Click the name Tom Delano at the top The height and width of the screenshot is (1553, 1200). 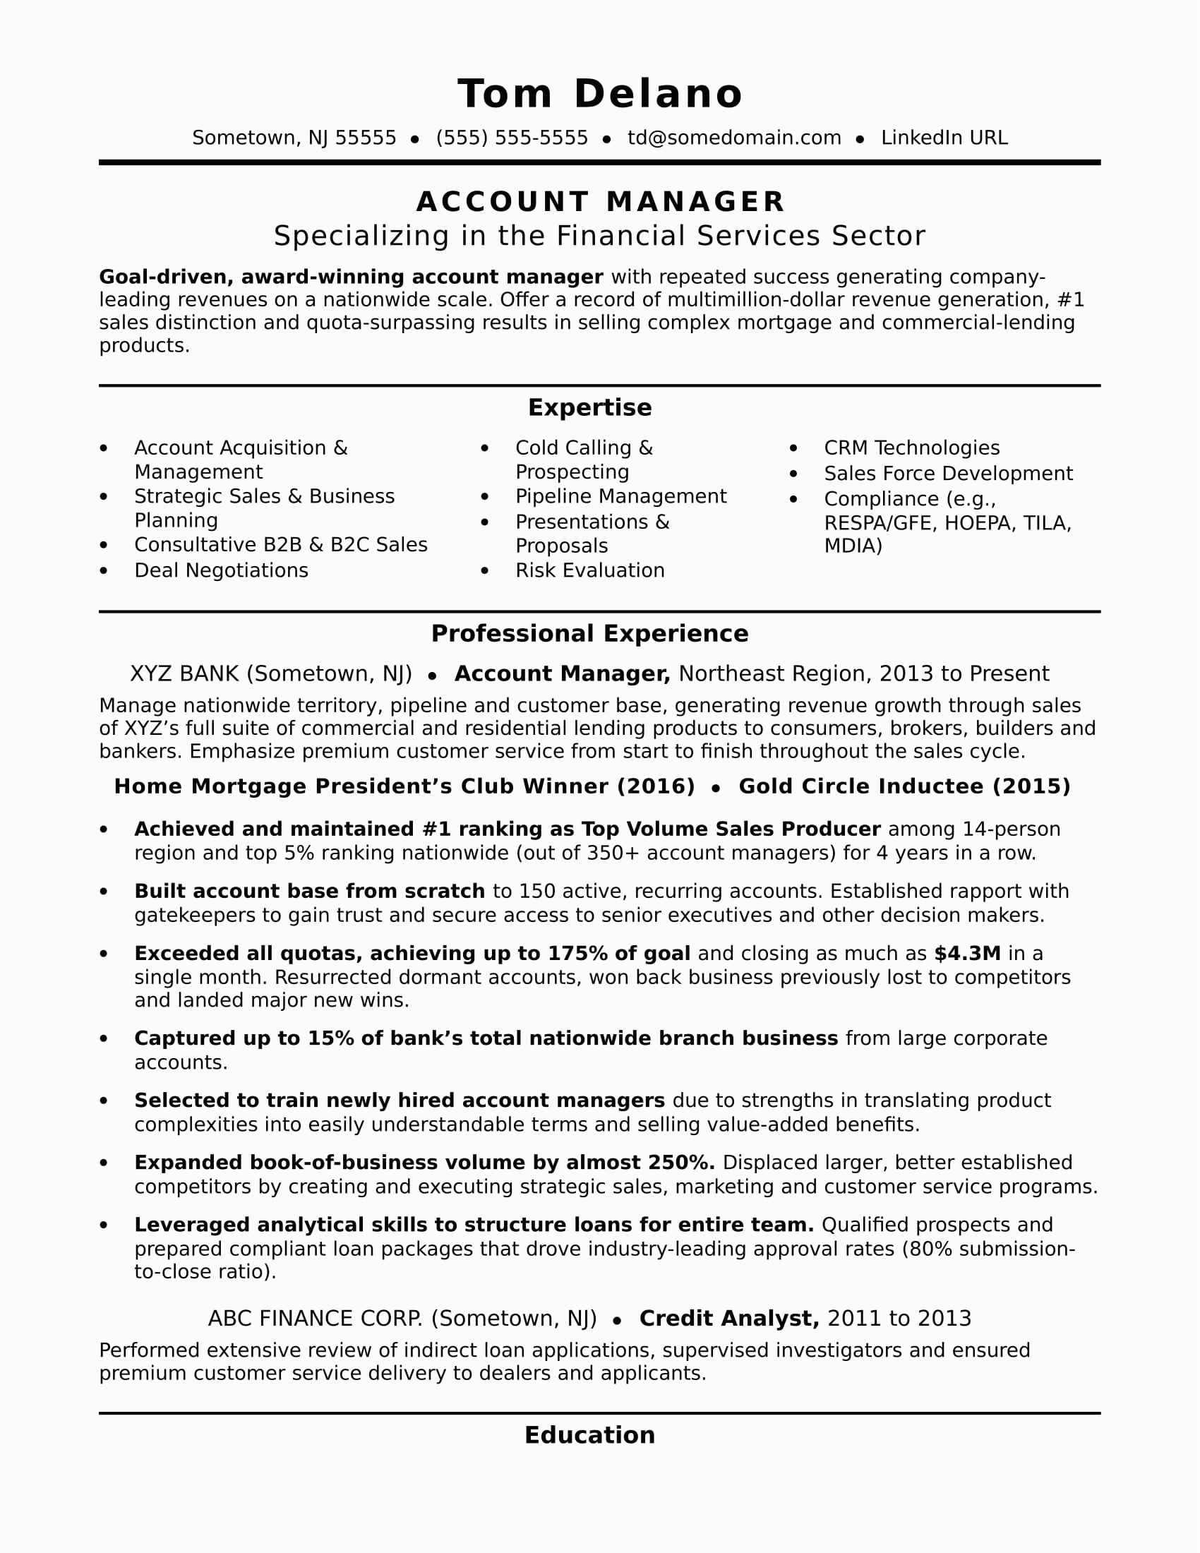600,94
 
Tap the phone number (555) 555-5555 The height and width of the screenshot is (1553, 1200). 512,138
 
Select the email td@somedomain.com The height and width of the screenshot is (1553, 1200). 733,138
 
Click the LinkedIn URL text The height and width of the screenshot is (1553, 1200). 944,138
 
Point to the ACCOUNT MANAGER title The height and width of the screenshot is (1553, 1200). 600,202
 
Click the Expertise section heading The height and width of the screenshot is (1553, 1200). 589,407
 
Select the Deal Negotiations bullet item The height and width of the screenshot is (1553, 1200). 221,570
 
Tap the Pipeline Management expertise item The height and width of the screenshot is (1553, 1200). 620,496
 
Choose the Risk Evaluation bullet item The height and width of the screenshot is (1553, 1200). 590,570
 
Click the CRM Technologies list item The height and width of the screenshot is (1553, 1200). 911,448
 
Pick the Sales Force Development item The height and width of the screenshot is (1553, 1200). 948,474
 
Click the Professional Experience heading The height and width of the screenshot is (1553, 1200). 589,634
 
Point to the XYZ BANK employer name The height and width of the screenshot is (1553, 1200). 186,673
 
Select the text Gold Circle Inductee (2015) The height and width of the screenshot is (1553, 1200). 904,786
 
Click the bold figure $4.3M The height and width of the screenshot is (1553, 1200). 967,954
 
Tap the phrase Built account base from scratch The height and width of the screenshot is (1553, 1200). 309,892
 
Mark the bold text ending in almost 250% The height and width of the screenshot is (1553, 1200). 424,1163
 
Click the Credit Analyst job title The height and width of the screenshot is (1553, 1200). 728,1319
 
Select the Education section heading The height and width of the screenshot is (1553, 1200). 589,1435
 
